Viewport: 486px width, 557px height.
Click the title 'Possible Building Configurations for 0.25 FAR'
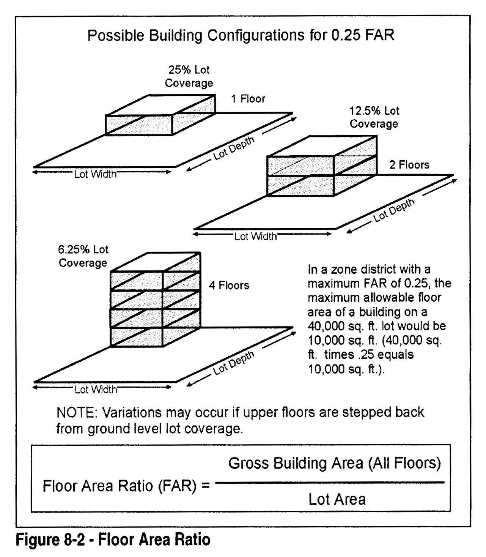click(x=241, y=35)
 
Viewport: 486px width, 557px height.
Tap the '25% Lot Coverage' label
click(x=189, y=76)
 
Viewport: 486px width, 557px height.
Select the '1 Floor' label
click(x=248, y=99)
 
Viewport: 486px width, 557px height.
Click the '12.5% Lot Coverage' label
click(x=374, y=117)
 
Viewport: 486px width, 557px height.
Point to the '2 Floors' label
click(x=409, y=165)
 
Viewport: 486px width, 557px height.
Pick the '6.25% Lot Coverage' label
click(x=83, y=256)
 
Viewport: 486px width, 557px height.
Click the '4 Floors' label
click(x=229, y=286)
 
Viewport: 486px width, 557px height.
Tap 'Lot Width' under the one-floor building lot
click(x=95, y=174)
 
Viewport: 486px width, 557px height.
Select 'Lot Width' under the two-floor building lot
click(x=255, y=237)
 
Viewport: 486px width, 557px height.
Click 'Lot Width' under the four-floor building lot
click(x=96, y=390)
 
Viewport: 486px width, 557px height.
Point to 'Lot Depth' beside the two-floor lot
click(x=394, y=210)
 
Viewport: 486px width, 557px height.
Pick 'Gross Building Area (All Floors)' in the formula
click(x=334, y=464)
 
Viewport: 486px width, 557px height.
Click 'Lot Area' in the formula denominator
click(x=337, y=499)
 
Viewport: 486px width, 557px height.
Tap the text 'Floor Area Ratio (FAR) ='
click(x=126, y=486)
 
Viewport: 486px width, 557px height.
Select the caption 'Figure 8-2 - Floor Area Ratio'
click(x=113, y=540)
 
